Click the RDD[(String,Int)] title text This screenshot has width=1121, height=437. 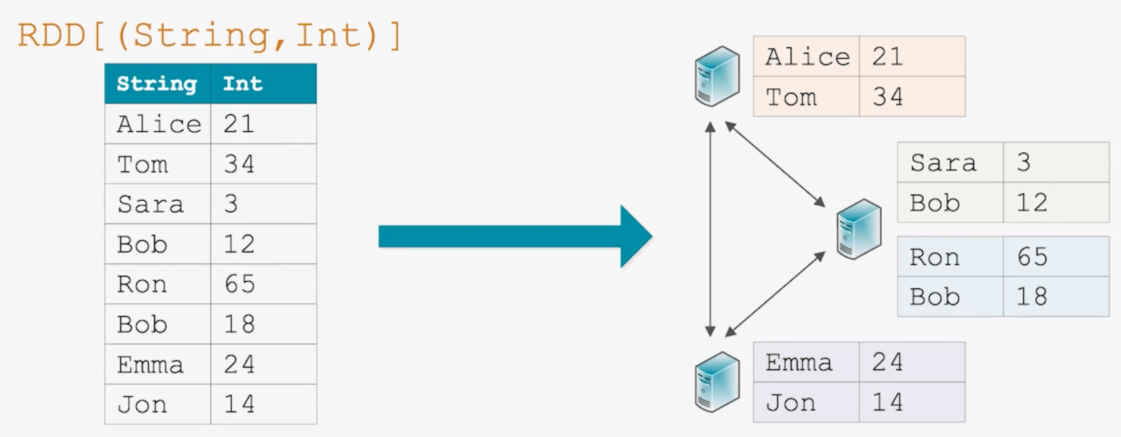209,35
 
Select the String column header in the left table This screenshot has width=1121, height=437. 157,84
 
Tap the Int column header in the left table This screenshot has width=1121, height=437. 243,84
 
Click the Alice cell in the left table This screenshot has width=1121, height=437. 158,124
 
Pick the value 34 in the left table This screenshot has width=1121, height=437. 239,164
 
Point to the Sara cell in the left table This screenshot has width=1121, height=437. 150,204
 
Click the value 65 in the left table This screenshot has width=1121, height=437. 239,284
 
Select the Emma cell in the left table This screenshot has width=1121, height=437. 150,364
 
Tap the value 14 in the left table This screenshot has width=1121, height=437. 239,404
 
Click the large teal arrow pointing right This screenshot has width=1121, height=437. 515,236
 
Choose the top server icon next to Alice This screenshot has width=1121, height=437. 717,76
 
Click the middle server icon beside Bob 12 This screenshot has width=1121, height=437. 859,229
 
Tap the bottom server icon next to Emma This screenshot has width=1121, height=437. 717,381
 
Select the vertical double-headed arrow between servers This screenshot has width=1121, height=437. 710,229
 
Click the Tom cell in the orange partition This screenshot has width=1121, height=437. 791,97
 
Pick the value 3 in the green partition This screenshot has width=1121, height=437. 1023,163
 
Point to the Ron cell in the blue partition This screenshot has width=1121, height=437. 934,257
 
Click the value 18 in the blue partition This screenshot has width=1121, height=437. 1031,296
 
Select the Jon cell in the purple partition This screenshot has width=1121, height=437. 791,403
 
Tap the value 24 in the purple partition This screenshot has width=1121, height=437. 887,362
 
